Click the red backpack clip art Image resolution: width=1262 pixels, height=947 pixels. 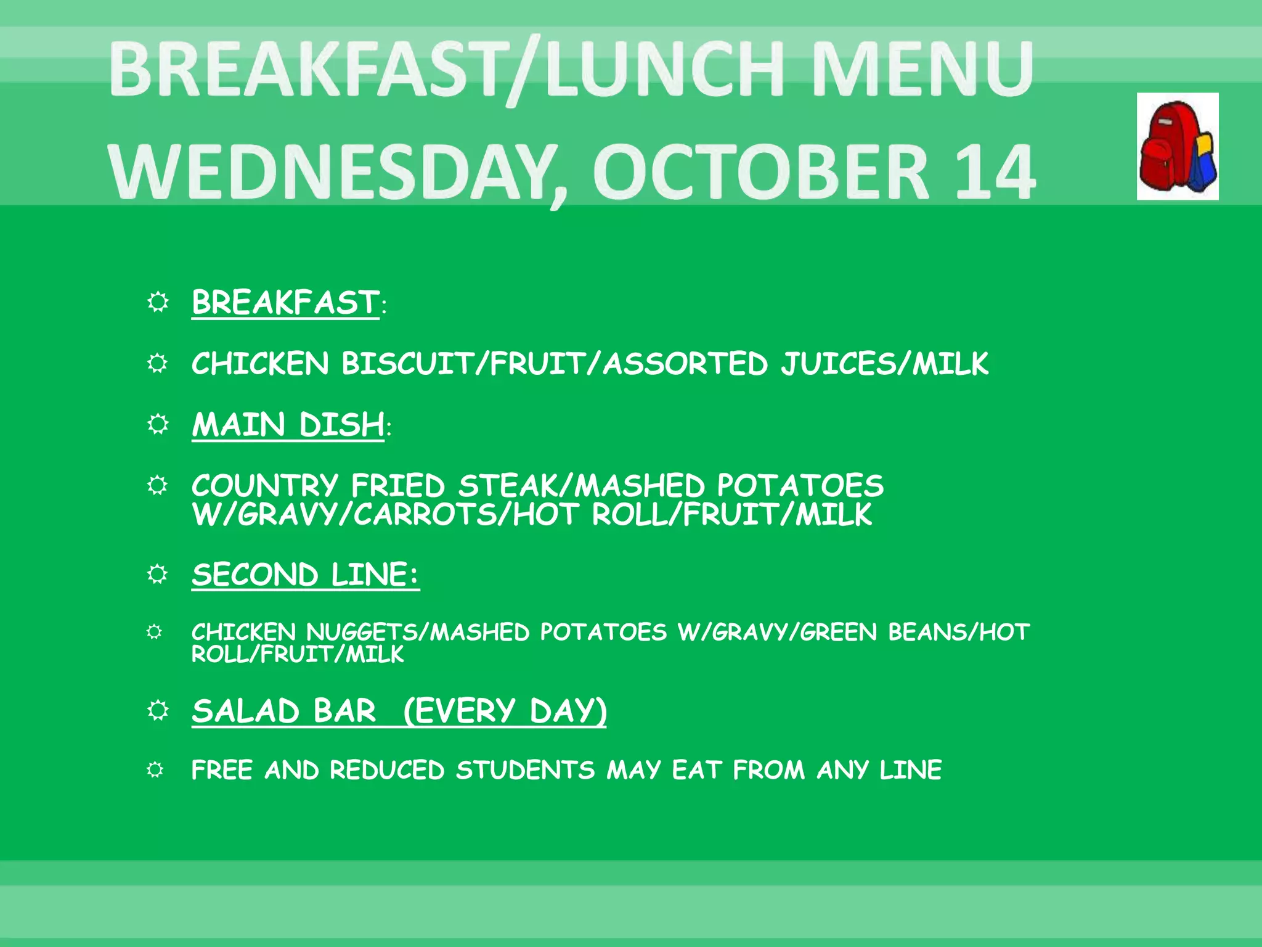point(1177,147)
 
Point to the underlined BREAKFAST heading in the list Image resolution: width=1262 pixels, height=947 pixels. point(285,303)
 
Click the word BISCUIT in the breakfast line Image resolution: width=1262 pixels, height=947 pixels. point(407,363)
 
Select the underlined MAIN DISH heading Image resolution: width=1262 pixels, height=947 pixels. point(288,425)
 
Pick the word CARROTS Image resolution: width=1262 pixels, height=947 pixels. point(425,515)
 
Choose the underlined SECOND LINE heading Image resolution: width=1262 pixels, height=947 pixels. point(305,575)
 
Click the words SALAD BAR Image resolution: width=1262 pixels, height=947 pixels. point(283,711)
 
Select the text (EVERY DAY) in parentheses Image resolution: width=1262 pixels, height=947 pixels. point(505,711)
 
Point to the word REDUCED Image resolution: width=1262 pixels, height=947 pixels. point(386,770)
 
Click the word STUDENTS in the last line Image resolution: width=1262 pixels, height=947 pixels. point(525,770)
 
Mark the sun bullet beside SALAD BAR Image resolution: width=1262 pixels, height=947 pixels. point(158,710)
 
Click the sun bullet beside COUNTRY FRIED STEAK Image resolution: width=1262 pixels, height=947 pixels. point(158,485)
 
